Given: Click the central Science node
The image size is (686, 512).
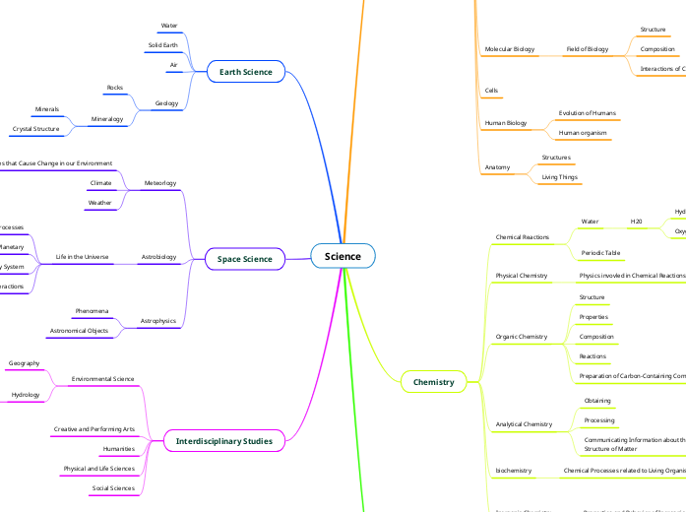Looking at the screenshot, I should click(343, 256).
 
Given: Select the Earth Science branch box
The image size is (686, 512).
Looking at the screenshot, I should click(245, 72).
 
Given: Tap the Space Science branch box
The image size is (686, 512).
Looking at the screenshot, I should click(244, 259).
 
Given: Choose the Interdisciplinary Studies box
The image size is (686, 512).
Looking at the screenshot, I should click(223, 440).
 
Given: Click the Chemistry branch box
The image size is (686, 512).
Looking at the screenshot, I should click(433, 381).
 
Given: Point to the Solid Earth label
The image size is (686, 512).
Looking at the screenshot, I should click(163, 45).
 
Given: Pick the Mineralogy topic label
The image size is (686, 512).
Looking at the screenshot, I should click(107, 119).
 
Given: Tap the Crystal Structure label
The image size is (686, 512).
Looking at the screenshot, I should click(35, 129).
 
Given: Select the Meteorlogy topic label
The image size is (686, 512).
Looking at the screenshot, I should click(160, 183).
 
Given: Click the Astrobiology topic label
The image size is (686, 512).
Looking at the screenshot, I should click(159, 257).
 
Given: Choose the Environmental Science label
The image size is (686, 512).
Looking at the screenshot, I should click(103, 378).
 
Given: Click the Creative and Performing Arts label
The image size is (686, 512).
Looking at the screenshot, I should click(94, 429).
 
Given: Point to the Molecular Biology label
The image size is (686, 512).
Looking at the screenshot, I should click(510, 49).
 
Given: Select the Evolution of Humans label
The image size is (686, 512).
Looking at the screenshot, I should click(588, 113).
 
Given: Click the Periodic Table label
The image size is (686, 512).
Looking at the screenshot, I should click(600, 253).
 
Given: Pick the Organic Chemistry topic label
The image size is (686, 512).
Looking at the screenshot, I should click(522, 337).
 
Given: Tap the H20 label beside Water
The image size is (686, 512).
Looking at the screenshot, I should click(637, 223).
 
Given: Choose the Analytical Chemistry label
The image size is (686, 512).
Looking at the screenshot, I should click(524, 424).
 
